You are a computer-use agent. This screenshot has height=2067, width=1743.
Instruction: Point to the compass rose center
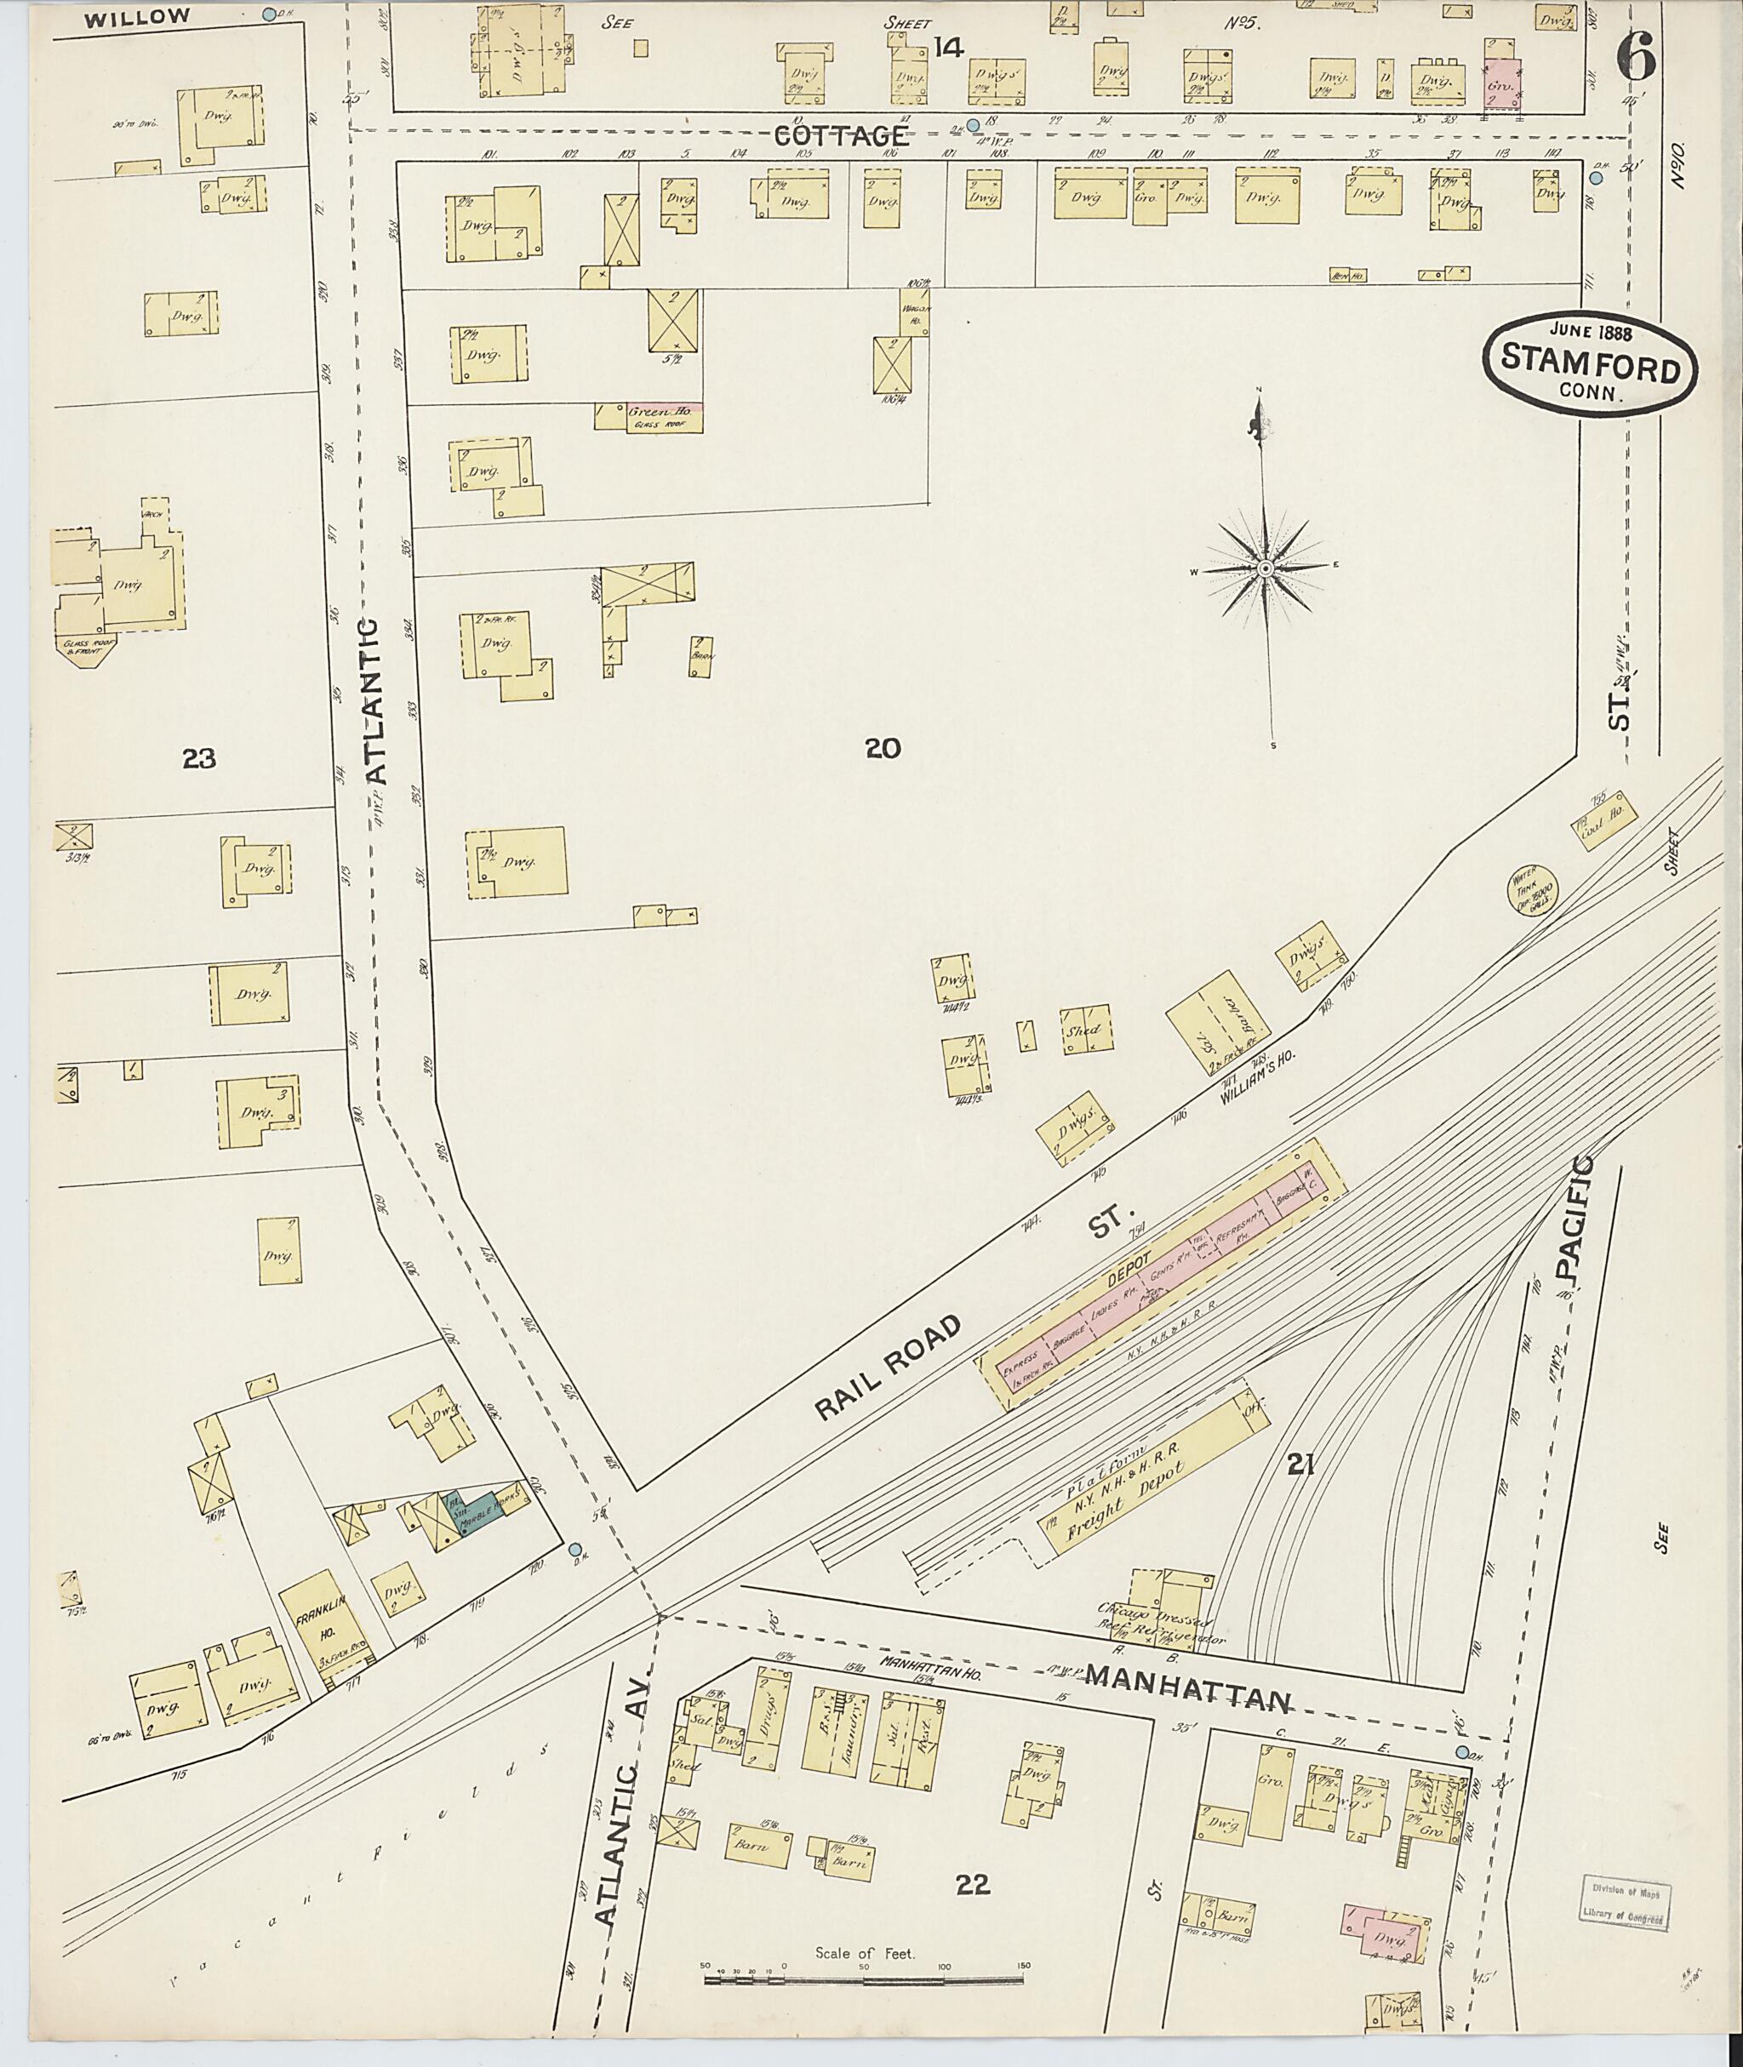click(x=1265, y=569)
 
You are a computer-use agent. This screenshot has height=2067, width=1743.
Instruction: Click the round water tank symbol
click(x=1529, y=889)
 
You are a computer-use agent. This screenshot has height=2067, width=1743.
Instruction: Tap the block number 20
click(x=883, y=749)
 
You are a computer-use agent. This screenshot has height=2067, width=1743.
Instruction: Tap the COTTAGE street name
click(x=854, y=136)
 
